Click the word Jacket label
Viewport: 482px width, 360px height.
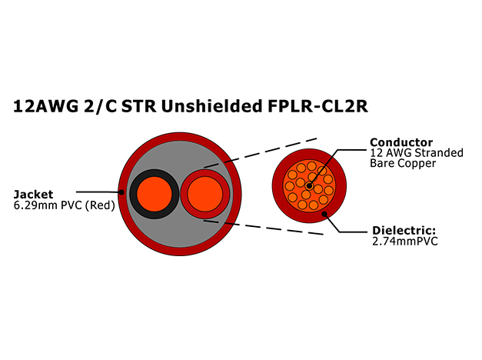click(34, 195)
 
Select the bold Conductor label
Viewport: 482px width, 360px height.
click(401, 142)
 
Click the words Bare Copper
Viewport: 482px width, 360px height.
click(403, 163)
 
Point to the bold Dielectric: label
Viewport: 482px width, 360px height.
click(404, 231)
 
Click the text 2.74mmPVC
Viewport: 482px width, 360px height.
click(405, 242)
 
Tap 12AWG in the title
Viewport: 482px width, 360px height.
click(46, 106)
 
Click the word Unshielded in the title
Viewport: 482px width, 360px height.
click(211, 106)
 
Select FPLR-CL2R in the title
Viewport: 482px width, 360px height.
click(317, 106)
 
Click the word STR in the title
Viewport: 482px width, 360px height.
click(138, 106)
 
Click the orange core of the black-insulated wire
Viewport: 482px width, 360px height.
click(155, 194)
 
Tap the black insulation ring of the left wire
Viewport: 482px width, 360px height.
click(133, 194)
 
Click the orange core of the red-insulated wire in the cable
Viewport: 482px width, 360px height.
click(204, 194)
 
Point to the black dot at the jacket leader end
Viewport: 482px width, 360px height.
click(121, 192)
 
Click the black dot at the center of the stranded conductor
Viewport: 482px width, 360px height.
click(309, 186)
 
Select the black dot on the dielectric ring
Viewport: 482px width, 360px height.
click(324, 214)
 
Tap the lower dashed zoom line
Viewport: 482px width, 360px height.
click(263, 228)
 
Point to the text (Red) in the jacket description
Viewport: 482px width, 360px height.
click(100, 205)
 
